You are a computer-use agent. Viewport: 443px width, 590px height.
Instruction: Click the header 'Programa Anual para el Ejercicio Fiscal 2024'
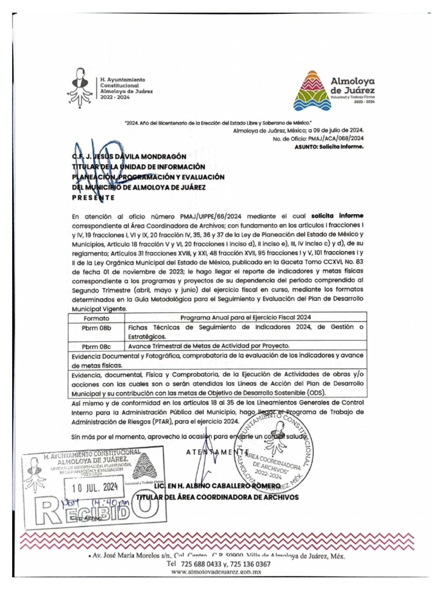tap(246, 317)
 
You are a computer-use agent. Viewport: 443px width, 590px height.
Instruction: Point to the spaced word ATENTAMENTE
tap(218, 452)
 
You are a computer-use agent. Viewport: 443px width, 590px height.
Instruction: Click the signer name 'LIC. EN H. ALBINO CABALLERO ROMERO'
tap(217, 487)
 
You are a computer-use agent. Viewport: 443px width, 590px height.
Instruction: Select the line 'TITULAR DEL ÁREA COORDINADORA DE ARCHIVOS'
tap(217, 497)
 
